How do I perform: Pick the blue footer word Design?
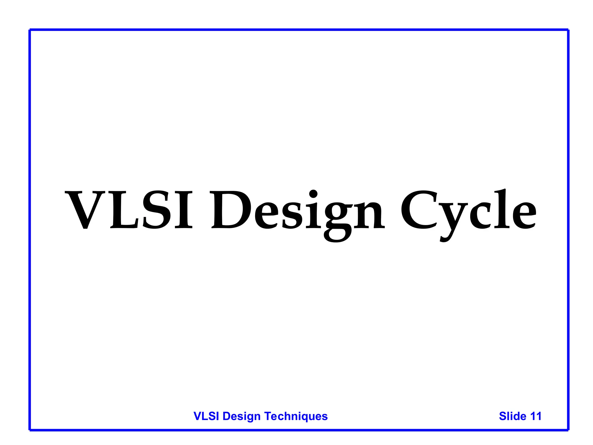click(x=241, y=417)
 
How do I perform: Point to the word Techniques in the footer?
click(x=296, y=416)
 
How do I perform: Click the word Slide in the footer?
click(x=513, y=416)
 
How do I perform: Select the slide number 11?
click(x=536, y=416)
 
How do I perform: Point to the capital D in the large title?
click(x=230, y=209)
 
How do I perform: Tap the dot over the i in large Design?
click(x=313, y=193)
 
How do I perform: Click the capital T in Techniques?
click(x=268, y=416)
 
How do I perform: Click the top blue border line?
click(x=298, y=30)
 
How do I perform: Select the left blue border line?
click(x=30, y=229)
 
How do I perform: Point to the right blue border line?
click(x=568, y=229)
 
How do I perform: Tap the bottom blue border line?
click(x=298, y=430)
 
